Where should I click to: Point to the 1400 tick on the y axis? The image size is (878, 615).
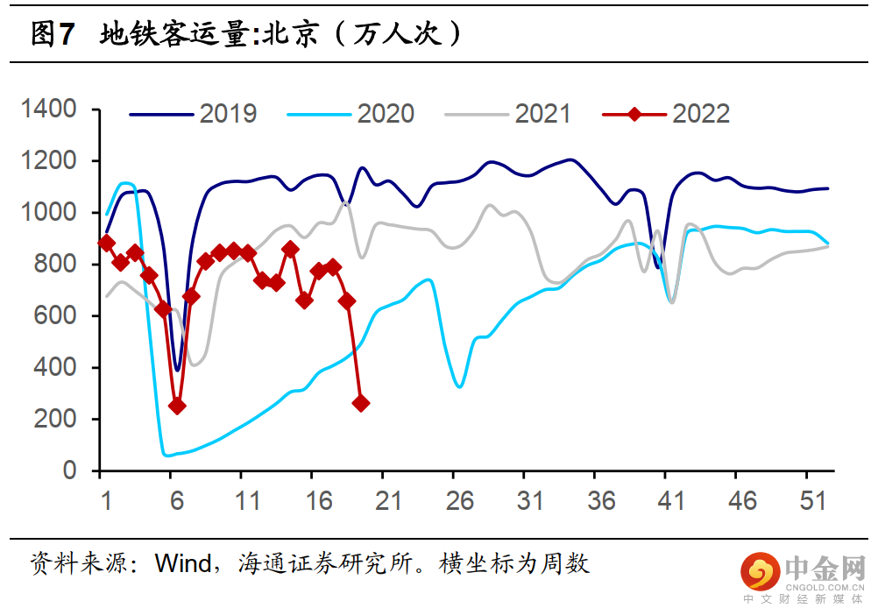tap(50, 110)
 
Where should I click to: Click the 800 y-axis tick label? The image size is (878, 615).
tap(59, 265)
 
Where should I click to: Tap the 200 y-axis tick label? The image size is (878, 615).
tap(59, 420)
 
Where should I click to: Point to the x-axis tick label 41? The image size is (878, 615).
tap(670, 502)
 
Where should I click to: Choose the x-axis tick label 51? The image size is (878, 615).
tap(813, 502)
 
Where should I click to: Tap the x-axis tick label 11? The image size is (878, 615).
tap(248, 502)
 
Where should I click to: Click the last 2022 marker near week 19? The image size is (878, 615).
tap(360, 403)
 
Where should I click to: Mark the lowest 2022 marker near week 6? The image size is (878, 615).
tap(177, 406)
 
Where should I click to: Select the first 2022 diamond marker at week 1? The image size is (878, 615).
tap(107, 243)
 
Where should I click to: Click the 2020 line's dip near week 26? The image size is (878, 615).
tap(459, 386)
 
